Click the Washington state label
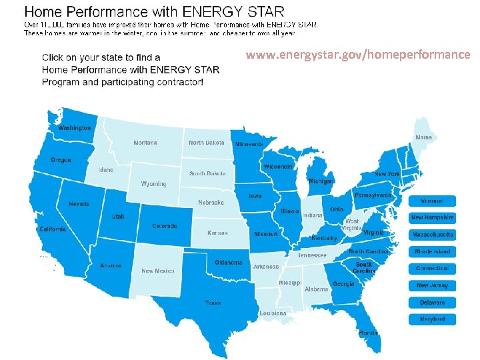(x=74, y=127)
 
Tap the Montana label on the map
(x=145, y=143)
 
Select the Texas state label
(x=213, y=303)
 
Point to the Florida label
(x=368, y=332)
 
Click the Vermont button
(x=432, y=201)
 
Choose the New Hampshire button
(x=432, y=217)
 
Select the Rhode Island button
(x=432, y=252)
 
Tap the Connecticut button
(x=432, y=269)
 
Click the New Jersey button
(x=432, y=285)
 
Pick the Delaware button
(x=432, y=303)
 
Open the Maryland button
(x=432, y=319)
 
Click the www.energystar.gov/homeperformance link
(x=357, y=55)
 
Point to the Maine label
(x=424, y=137)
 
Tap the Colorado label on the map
(x=165, y=226)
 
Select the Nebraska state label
(x=211, y=203)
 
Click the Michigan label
(x=321, y=181)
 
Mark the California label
(x=53, y=229)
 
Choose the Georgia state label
(x=343, y=284)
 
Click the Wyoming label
(x=153, y=184)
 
